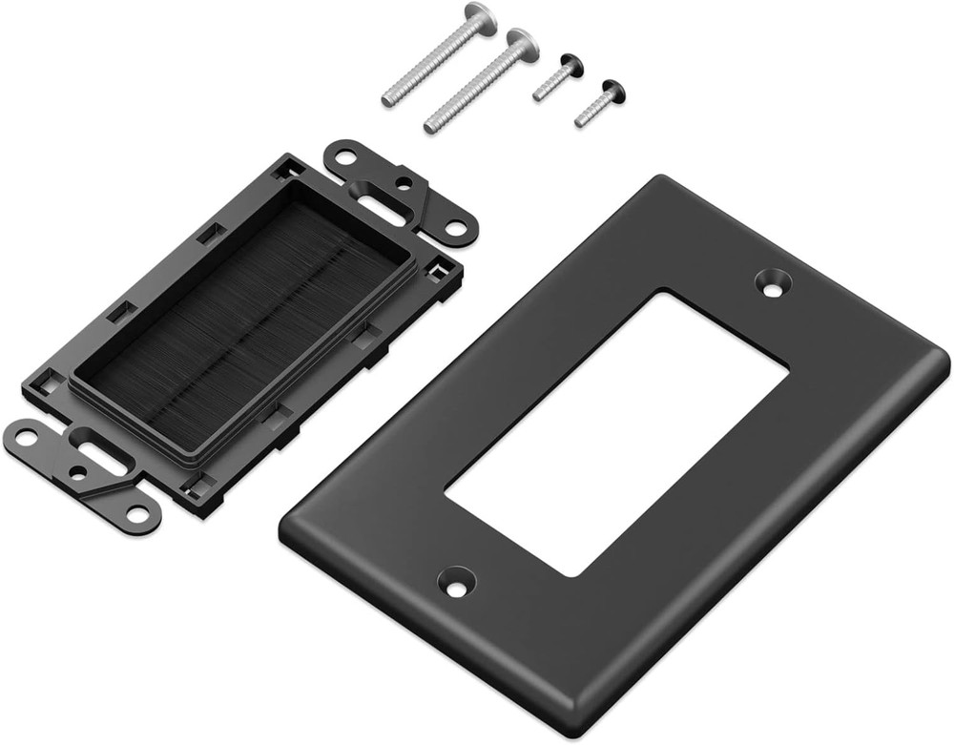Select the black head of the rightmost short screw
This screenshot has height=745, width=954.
click(613, 92)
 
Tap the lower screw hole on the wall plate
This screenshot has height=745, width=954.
click(456, 581)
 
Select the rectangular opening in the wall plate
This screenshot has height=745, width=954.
click(615, 434)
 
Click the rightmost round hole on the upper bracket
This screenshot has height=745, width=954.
click(458, 228)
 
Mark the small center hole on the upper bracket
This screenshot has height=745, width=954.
click(407, 182)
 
